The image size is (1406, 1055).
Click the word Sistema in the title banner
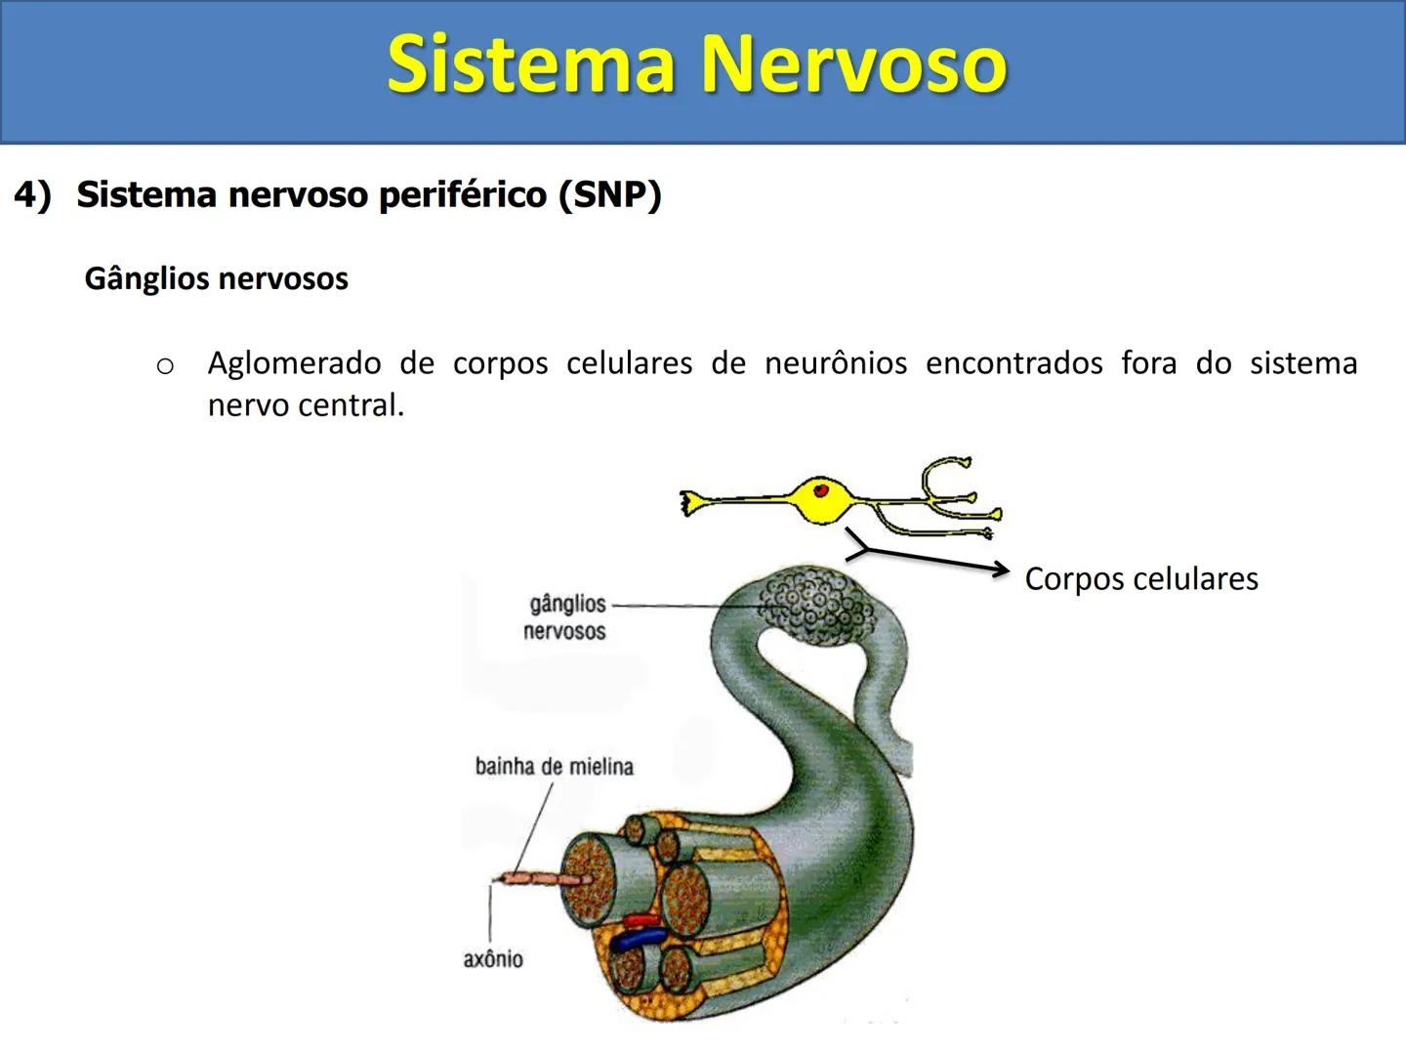click(532, 64)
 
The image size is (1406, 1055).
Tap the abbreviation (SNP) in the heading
click(610, 194)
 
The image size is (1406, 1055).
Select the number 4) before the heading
click(32, 194)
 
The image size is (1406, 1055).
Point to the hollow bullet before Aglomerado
click(165, 366)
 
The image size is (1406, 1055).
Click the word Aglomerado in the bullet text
click(294, 363)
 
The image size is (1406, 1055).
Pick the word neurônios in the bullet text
click(836, 363)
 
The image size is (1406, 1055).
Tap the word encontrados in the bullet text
click(1013, 363)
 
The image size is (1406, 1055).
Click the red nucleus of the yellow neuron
click(822, 490)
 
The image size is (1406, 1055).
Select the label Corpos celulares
click(1140, 578)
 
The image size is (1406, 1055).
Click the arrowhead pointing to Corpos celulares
click(1000, 570)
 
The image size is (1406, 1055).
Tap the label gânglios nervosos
click(565, 617)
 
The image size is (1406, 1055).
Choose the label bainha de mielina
click(554, 767)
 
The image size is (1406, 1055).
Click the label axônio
click(493, 959)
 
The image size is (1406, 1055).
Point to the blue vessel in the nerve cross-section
click(640, 939)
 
